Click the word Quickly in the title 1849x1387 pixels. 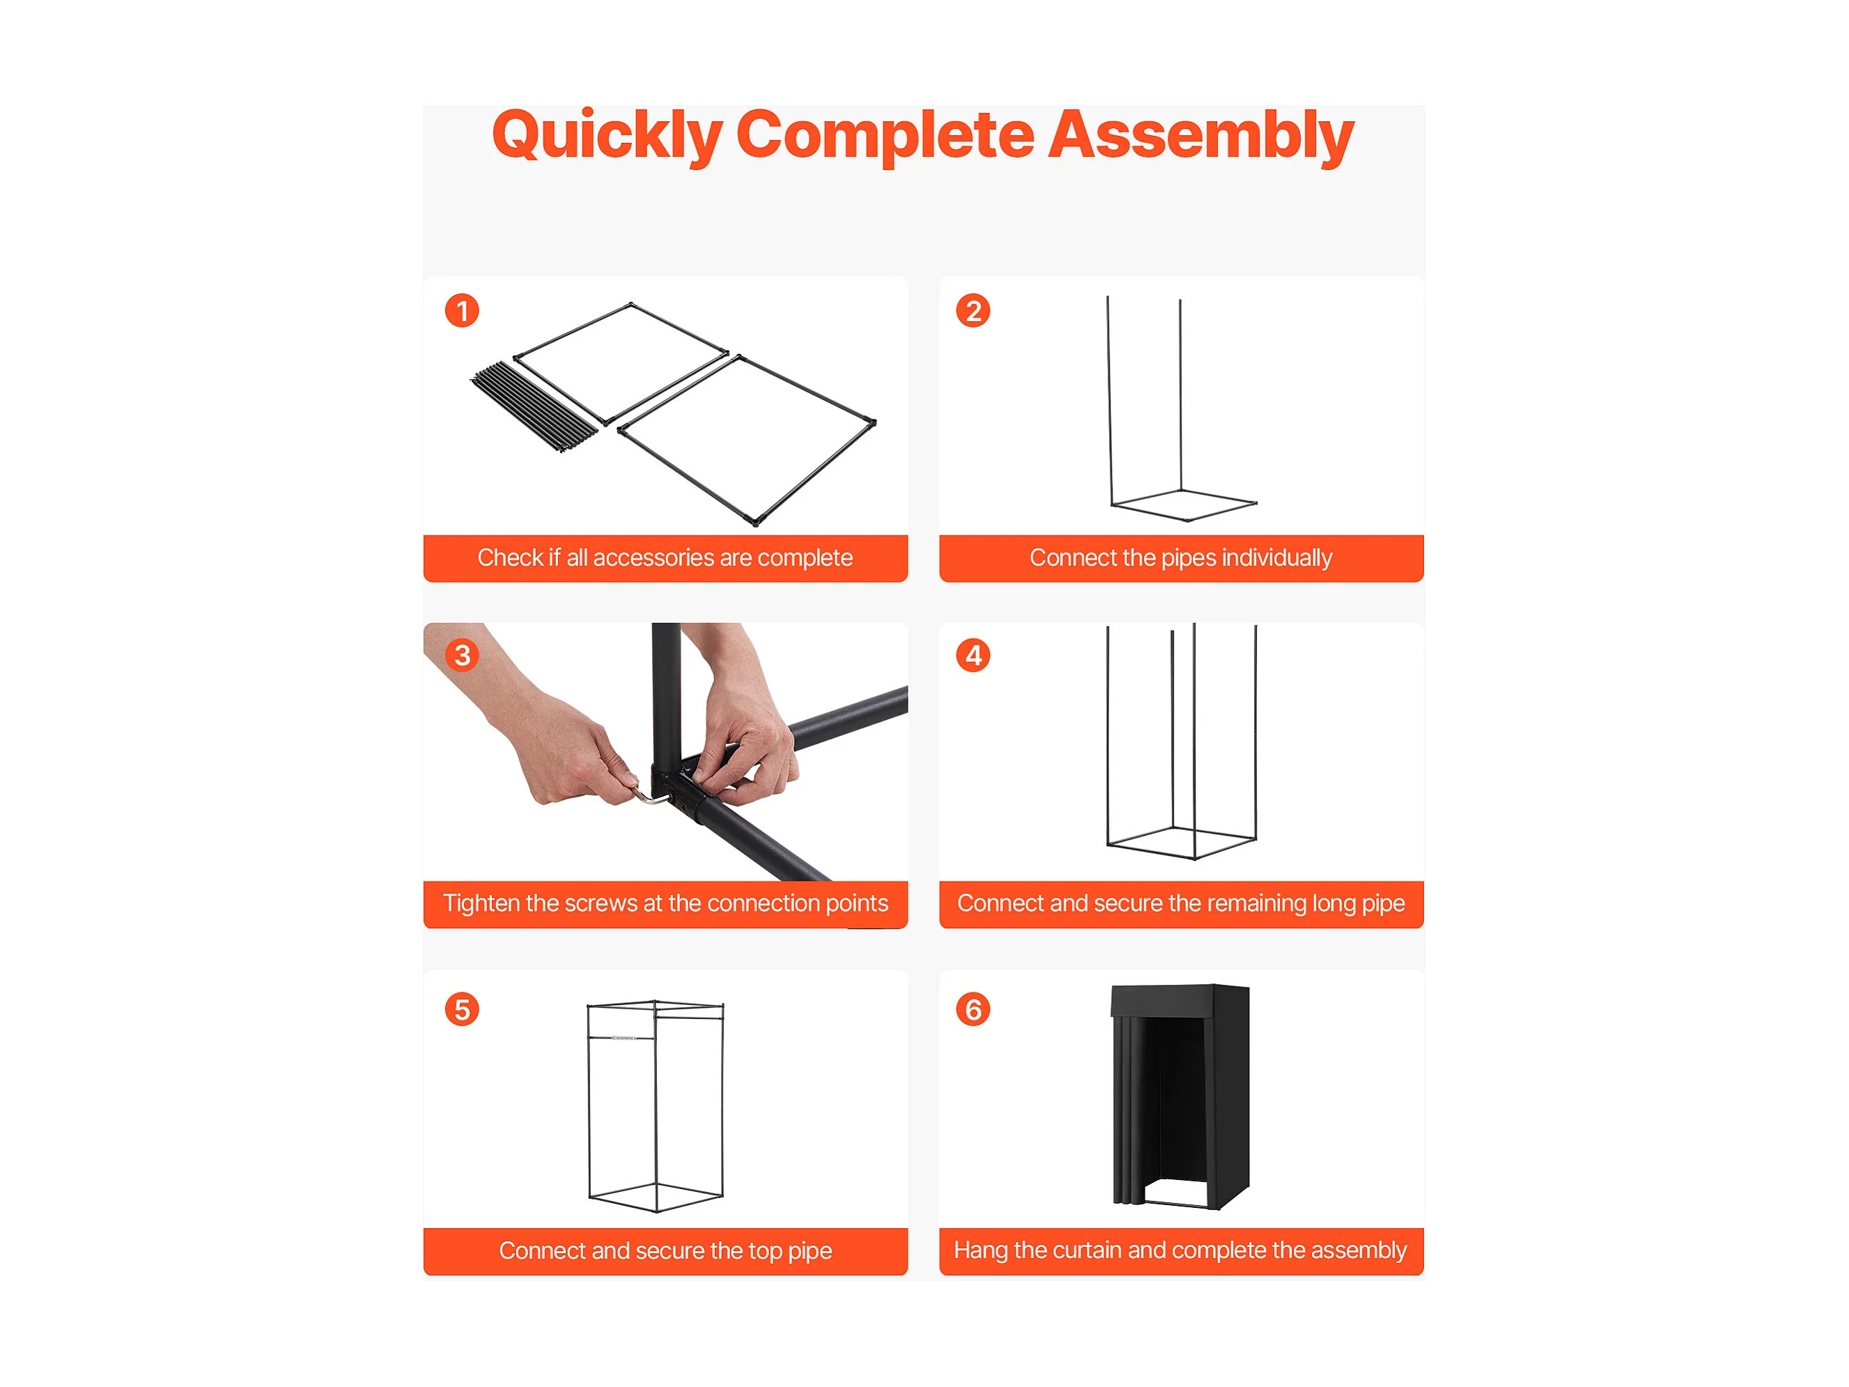(607, 135)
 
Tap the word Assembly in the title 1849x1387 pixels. (1200, 135)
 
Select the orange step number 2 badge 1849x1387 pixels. (973, 311)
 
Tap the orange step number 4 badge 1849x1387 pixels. (973, 655)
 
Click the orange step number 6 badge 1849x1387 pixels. (973, 1009)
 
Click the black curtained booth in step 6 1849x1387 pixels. (1180, 1097)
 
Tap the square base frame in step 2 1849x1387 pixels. (1184, 505)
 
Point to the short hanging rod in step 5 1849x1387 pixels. (622, 1038)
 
